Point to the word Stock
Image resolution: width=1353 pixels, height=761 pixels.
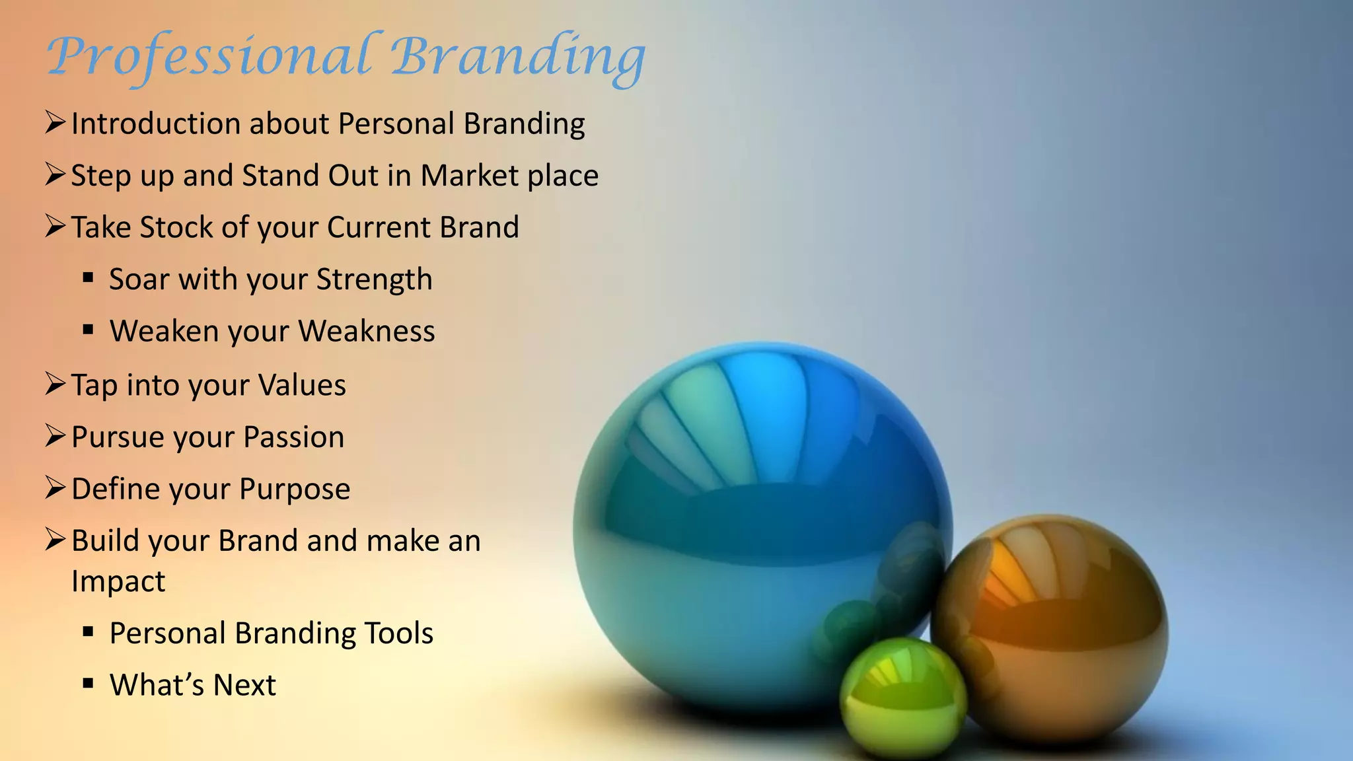pos(176,227)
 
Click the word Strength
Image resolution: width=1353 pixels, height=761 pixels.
pos(374,280)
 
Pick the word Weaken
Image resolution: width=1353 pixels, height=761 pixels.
pos(164,331)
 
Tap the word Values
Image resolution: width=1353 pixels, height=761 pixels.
pos(302,385)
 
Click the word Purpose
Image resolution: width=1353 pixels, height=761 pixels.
pos(295,489)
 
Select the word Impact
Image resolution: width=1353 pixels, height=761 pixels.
pos(118,582)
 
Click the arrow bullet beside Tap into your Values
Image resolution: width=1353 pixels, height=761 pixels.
pos(55,384)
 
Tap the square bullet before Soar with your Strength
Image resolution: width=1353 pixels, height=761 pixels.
pos(88,278)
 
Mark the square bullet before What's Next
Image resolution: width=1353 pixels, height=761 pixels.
pos(88,684)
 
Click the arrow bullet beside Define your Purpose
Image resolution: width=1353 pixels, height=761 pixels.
pos(55,488)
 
